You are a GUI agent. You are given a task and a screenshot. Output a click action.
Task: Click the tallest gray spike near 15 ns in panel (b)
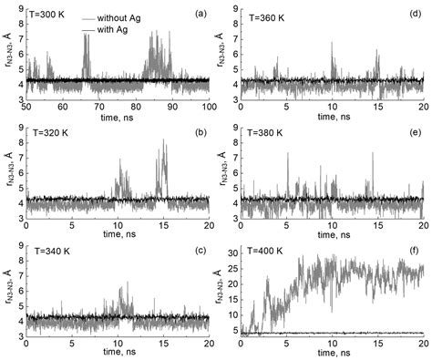coord(164,140)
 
